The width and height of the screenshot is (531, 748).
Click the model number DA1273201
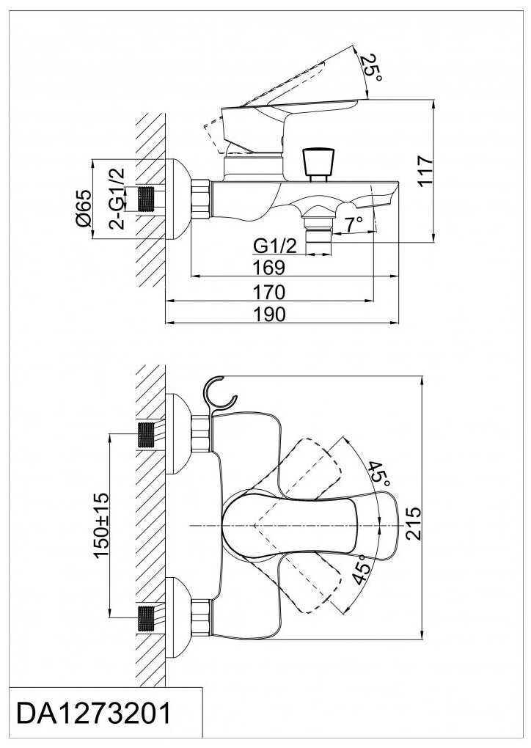point(93,714)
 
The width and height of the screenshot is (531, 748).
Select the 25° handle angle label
point(370,67)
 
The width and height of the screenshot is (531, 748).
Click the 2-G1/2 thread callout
point(116,199)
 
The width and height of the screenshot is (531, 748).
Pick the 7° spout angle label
point(353,224)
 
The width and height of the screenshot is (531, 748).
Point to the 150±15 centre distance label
point(101,525)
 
